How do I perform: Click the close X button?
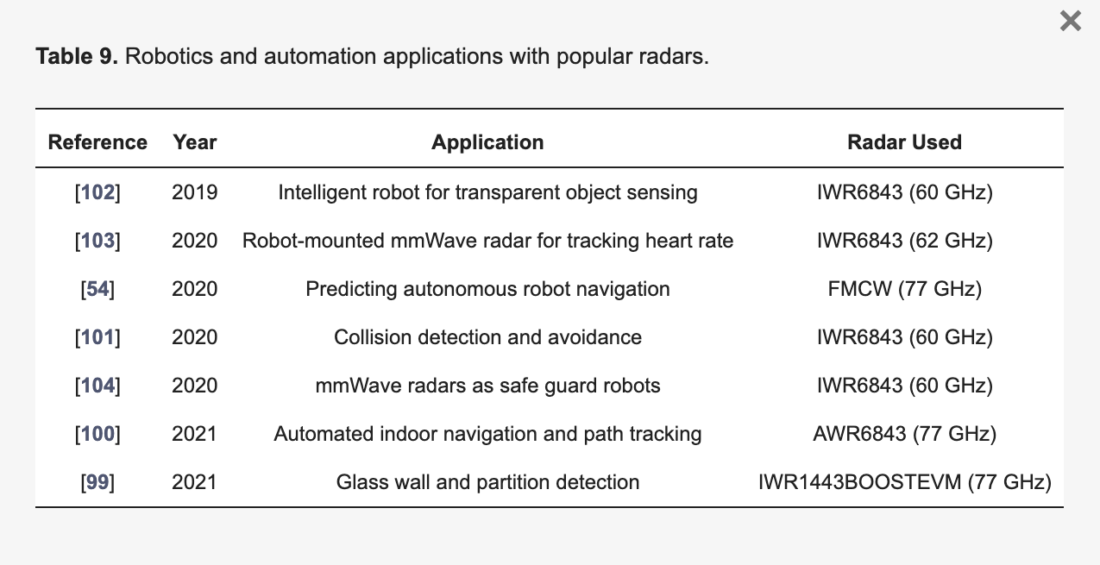click(x=1071, y=21)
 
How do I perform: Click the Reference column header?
click(x=97, y=142)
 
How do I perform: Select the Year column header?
click(x=195, y=142)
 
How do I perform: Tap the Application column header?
click(x=487, y=142)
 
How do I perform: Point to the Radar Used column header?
click(x=904, y=142)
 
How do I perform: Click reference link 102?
click(x=97, y=192)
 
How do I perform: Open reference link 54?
click(x=97, y=289)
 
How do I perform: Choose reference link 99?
click(x=97, y=482)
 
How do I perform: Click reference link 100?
click(x=97, y=434)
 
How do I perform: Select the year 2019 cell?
click(x=194, y=192)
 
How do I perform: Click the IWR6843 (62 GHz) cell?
click(x=904, y=241)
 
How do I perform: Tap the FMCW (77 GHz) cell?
click(x=904, y=289)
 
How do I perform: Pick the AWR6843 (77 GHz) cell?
click(x=904, y=434)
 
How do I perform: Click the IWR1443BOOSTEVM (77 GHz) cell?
click(x=904, y=482)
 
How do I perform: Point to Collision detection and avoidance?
click(x=487, y=337)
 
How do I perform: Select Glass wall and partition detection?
click(x=487, y=482)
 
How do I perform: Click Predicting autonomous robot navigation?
click(x=487, y=289)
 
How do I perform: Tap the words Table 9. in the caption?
click(x=77, y=56)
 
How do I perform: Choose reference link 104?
click(x=97, y=386)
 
